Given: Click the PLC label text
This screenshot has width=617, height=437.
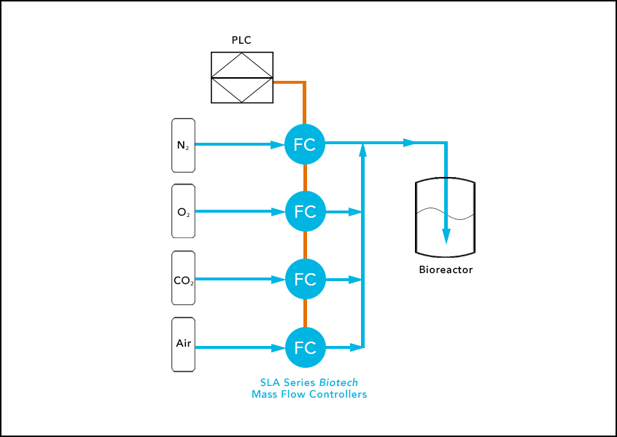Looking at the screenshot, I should click(241, 40).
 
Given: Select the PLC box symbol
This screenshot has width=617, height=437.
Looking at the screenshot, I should click(242, 77).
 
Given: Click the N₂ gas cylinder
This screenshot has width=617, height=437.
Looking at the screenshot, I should click(183, 145).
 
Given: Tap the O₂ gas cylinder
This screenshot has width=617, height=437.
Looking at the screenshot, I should click(183, 212).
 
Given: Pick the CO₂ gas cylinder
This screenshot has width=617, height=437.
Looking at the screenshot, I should click(183, 278).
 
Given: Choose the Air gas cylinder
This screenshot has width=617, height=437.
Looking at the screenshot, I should click(183, 345).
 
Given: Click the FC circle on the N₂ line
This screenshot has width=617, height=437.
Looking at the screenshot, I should click(304, 144).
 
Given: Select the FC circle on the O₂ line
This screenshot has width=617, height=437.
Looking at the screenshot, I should click(304, 211).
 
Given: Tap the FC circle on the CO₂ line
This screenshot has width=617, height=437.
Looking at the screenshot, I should click(304, 279).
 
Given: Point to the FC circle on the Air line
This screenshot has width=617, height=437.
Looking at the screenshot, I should click(304, 347).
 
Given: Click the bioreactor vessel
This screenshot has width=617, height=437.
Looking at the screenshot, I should click(445, 219).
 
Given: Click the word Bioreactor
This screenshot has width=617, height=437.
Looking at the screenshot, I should click(446, 269).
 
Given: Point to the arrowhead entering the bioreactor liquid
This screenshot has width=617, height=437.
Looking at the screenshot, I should click(446, 237).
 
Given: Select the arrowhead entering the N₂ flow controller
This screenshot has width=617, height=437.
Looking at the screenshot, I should click(277, 145).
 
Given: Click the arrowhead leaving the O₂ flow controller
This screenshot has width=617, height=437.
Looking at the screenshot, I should click(355, 212).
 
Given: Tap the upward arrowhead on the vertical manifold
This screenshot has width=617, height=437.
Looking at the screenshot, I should click(362, 149).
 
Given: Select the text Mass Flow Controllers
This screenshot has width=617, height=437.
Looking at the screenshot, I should click(308, 395).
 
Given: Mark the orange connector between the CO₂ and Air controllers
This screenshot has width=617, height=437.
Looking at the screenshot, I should click(305, 313).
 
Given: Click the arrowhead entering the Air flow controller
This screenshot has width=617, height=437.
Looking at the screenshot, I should click(277, 347).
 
